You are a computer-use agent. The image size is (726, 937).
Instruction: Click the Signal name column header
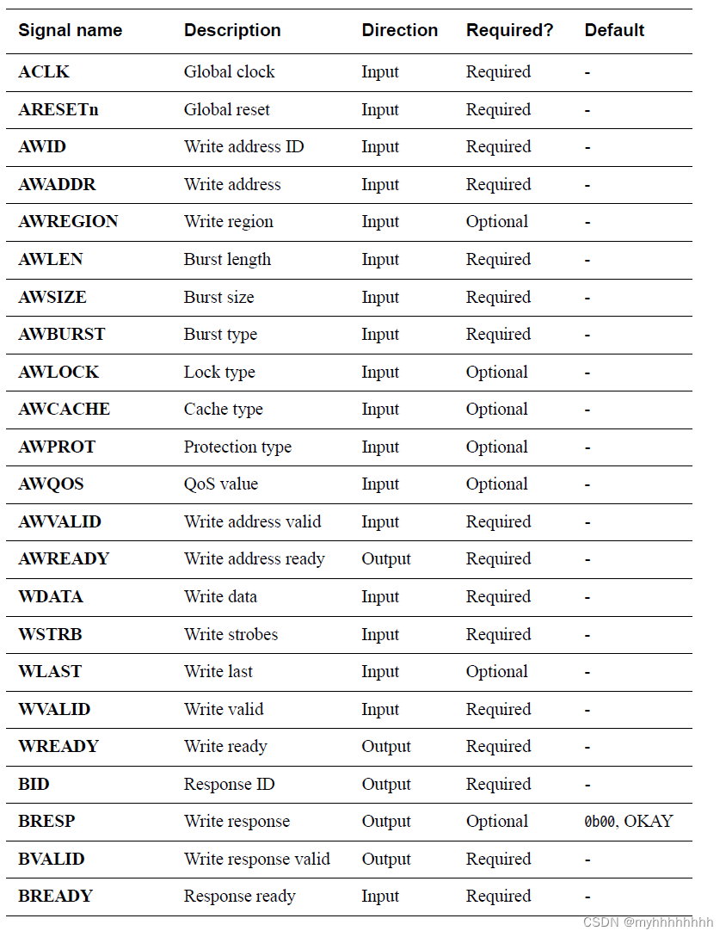70,30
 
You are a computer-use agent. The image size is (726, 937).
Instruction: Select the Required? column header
509,30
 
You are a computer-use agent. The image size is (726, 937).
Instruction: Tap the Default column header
614,30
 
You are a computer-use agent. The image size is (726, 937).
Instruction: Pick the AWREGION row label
68,222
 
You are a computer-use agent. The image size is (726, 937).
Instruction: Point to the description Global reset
226,110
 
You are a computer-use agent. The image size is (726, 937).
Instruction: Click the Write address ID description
243,147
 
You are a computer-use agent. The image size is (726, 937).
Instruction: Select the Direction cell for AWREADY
386,559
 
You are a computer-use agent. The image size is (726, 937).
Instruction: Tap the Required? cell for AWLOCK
496,373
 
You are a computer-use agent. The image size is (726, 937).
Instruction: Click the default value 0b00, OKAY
628,822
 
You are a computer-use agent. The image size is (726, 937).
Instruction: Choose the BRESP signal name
46,822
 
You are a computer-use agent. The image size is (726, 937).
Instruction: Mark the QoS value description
220,484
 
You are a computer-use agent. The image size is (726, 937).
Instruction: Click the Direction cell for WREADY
386,747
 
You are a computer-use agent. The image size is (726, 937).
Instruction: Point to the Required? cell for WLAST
496,672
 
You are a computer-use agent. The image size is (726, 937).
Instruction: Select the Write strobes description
231,635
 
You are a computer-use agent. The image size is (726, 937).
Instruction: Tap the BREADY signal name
55,897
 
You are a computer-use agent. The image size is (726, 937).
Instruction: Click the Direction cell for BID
386,785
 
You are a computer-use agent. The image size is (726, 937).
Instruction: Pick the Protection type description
237,447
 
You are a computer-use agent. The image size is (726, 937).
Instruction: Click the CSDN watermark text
648,922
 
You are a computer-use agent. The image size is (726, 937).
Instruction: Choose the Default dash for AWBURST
588,335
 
